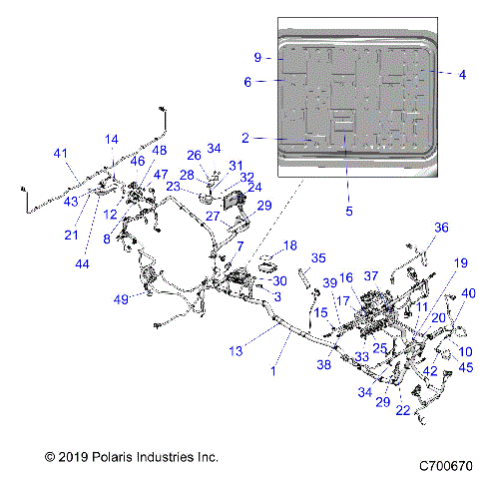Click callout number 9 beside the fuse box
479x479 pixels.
pyautogui.click(x=256, y=57)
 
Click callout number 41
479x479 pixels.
pyautogui.click(x=60, y=153)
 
